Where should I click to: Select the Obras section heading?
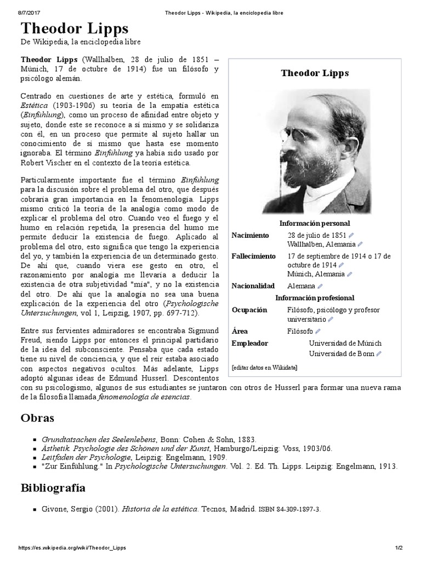coord(37,418)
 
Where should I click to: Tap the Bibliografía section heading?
coord(53,487)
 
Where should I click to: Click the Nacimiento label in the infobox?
coord(250,235)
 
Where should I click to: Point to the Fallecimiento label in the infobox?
coord(253,256)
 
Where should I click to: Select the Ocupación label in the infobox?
coord(249,310)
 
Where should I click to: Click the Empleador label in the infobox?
coord(250,343)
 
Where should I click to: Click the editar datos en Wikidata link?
coord(264,367)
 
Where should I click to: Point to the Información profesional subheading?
coord(315,298)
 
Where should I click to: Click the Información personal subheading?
coord(315,224)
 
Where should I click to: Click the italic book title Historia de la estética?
coord(159,509)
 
